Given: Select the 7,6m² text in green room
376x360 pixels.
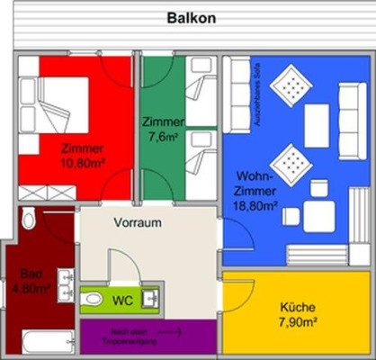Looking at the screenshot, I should tap(163, 136).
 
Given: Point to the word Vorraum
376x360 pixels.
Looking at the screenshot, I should tap(137, 221).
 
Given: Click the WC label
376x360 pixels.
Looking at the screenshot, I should tap(123, 298).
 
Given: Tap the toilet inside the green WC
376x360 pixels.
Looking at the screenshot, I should tap(92, 298).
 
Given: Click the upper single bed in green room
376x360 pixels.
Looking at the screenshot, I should tap(200, 88).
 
